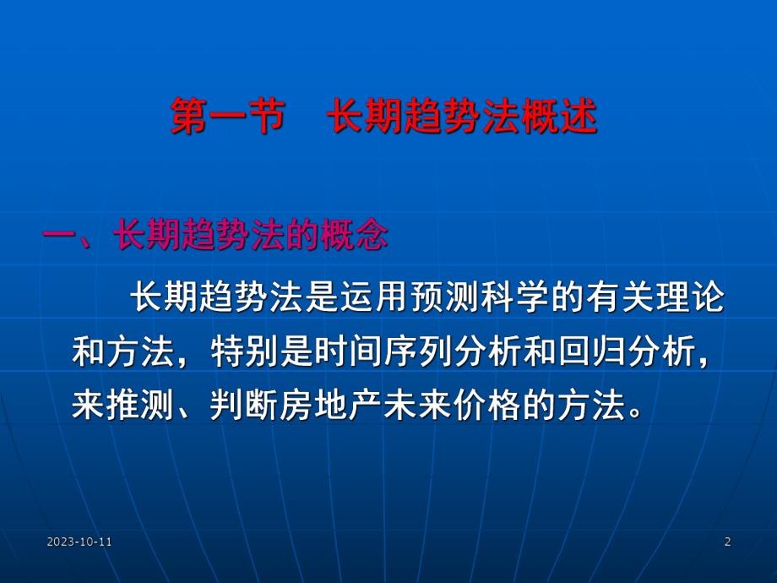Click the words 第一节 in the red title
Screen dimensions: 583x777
(x=225, y=119)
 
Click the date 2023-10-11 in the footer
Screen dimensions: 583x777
(x=80, y=542)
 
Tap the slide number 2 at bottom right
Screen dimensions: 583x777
(x=727, y=542)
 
